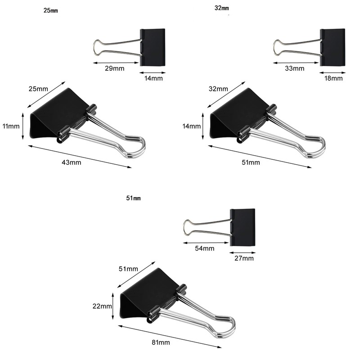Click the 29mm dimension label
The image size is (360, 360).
coord(114,68)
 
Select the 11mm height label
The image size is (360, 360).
coord(11,126)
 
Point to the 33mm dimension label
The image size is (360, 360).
coord(295,68)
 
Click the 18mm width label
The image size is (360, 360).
coord(333,78)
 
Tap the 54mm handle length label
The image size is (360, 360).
coord(205,248)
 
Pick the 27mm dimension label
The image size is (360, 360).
coord(244,258)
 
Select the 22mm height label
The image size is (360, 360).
coord(102,306)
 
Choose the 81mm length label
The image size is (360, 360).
coord(161,343)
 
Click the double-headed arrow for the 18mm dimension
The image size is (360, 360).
coord(333,71)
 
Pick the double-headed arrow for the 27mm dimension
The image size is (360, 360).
coord(243,251)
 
